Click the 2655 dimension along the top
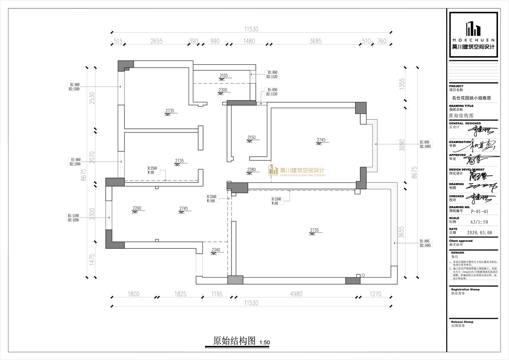point(157,41)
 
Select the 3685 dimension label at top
point(315,41)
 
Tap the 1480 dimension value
point(249,41)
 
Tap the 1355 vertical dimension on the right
point(402,85)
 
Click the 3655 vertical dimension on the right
point(402,233)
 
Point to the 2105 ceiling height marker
point(224,76)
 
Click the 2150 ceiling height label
point(251,138)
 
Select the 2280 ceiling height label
point(251,170)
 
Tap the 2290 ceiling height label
point(137,208)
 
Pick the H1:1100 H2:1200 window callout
point(73,217)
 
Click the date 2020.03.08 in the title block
point(479,232)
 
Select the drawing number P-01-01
point(479,211)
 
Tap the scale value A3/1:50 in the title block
point(479,222)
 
